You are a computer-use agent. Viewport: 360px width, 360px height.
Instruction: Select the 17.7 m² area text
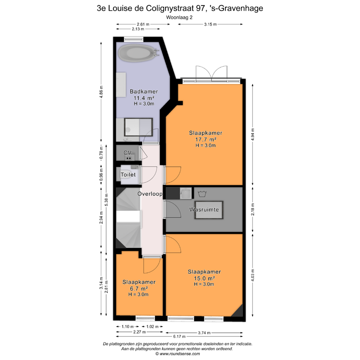[205, 139]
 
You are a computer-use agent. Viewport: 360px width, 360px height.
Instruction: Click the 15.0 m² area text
[204, 278]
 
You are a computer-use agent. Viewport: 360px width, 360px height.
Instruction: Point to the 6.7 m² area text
[139, 288]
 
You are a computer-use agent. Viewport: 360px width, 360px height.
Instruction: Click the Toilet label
[128, 174]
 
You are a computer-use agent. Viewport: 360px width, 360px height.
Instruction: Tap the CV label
[127, 153]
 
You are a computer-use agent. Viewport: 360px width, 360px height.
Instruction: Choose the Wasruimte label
[204, 210]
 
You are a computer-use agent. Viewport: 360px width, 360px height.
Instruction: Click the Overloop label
[150, 194]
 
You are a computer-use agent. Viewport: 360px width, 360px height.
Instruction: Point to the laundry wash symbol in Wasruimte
[202, 194]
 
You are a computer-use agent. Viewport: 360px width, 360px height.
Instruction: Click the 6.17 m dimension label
[180, 337]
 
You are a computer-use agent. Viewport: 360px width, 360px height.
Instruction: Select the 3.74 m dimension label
[204, 332]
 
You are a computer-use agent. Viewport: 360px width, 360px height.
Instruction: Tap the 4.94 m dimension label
[253, 135]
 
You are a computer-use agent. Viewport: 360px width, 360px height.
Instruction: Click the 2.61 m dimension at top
[143, 24]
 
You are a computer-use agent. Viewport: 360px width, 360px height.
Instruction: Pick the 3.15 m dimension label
[210, 24]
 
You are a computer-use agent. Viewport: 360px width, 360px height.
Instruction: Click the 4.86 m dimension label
[101, 92]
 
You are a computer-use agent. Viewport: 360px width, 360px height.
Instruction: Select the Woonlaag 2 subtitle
[180, 17]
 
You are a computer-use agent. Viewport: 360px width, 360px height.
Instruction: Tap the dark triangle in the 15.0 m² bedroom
[238, 312]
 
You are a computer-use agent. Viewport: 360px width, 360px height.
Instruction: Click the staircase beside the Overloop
[128, 218]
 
